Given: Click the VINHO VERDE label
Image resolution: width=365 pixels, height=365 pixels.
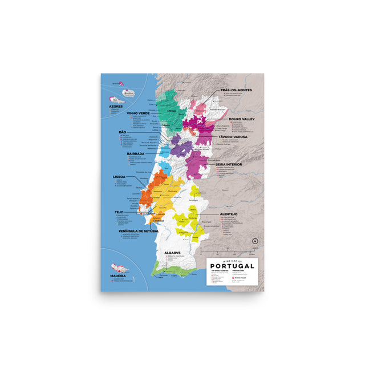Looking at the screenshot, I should coord(139,113).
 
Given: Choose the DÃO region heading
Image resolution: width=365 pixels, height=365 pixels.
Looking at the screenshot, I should coord(122,132).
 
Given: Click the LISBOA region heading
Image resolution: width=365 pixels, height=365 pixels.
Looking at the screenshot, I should coord(123,177).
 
